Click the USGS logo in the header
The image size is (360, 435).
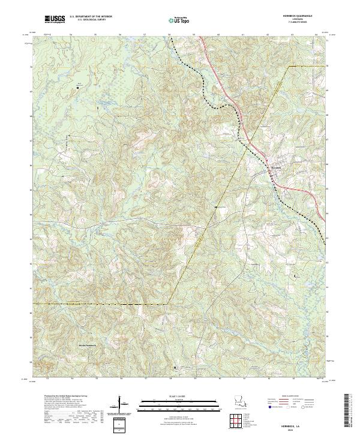click(55, 20)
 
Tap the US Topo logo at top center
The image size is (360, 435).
click(178, 21)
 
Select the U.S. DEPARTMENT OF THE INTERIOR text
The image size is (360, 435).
click(89, 17)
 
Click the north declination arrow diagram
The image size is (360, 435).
click(124, 408)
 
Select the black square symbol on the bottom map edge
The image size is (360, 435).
click(175, 368)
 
